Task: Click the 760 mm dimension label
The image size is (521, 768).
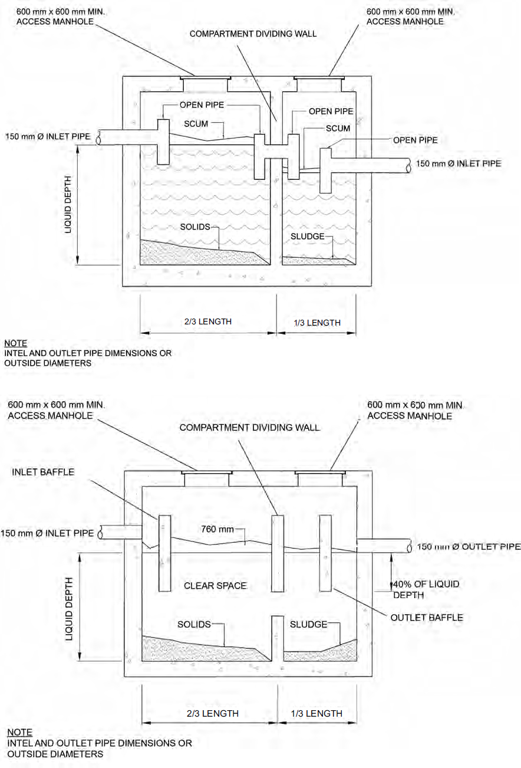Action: (x=218, y=529)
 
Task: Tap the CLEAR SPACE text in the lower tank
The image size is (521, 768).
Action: (x=215, y=586)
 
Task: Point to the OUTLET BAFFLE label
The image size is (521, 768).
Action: (x=427, y=617)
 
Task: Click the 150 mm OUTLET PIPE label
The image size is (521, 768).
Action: (x=469, y=547)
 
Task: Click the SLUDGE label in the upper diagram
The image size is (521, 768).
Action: (x=307, y=236)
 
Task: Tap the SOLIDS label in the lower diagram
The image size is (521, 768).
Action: (x=194, y=624)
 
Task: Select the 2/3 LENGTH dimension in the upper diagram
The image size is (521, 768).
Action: (x=208, y=321)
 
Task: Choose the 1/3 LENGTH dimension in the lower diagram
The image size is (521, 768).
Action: (x=316, y=713)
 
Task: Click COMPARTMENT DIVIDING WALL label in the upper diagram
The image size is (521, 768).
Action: (x=253, y=34)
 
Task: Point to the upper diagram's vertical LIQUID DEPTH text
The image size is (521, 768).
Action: (x=68, y=204)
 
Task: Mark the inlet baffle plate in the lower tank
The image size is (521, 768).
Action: (x=164, y=553)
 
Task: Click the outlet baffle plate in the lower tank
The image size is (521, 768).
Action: (x=325, y=553)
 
